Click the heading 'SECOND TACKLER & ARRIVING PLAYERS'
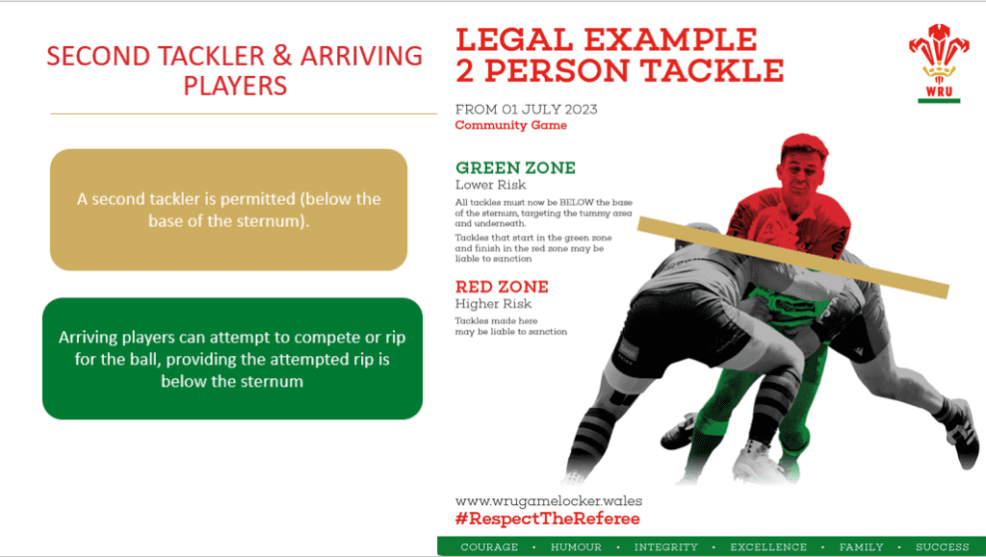[x=235, y=69]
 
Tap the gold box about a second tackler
[x=229, y=210]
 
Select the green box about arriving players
[x=232, y=359]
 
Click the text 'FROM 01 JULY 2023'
[x=526, y=109]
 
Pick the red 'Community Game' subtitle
[x=510, y=125]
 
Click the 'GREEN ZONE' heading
[x=515, y=167]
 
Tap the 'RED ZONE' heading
[x=502, y=287]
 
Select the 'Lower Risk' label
[x=488, y=185]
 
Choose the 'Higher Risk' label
[x=493, y=304]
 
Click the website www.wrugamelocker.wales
[x=548, y=500]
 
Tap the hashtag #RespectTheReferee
[x=547, y=519]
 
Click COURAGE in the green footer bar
[x=489, y=546]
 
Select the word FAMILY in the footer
[x=861, y=546]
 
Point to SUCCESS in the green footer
[x=942, y=546]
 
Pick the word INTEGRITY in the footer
[x=665, y=546]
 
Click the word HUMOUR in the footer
[x=576, y=546]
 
